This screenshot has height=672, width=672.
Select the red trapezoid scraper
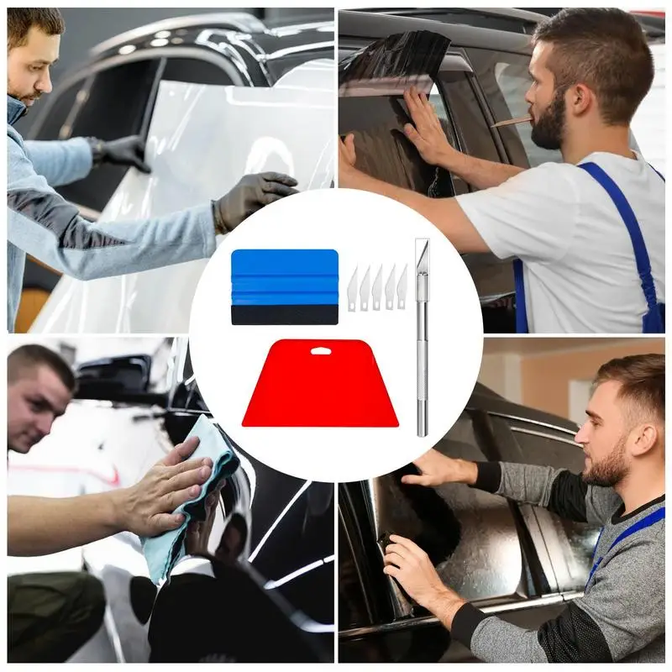pos(320,386)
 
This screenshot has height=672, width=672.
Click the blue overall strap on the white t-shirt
pos(626,227)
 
